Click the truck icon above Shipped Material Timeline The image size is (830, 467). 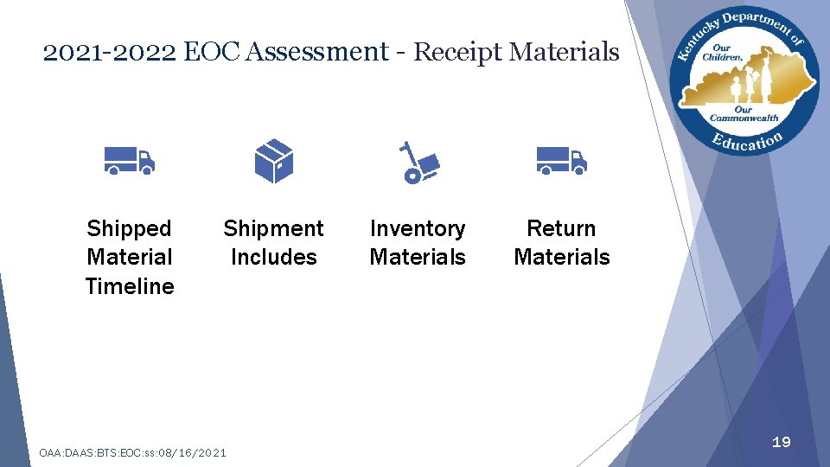tap(129, 161)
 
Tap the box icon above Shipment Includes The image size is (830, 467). tap(274, 161)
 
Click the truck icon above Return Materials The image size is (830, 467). tap(561, 161)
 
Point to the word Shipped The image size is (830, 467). tap(130, 228)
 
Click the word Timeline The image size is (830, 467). tap(130, 286)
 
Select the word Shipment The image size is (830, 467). tap(273, 228)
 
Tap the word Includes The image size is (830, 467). tap(273, 257)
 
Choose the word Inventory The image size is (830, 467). tap(418, 228)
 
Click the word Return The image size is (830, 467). tap(561, 228)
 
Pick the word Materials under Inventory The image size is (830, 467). tap(418, 257)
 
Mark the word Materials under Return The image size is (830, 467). tap(562, 257)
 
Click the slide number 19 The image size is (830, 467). tap(781, 442)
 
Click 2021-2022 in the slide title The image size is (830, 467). tap(110, 52)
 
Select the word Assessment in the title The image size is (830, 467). tap(316, 52)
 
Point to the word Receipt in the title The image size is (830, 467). tap(457, 52)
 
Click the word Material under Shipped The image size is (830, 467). tap(130, 257)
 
